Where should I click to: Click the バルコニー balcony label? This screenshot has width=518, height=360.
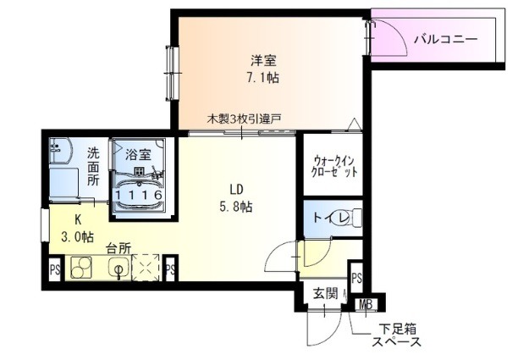[x=446, y=40]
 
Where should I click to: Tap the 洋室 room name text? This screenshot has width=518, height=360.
[x=262, y=60]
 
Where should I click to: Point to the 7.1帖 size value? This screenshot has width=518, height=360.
[x=262, y=78]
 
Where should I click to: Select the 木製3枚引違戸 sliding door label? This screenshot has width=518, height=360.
[x=244, y=119]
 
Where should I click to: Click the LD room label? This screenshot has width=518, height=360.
[x=236, y=190]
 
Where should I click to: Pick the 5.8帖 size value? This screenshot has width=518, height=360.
[x=236, y=207]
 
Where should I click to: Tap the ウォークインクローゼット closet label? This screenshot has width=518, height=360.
[x=334, y=167]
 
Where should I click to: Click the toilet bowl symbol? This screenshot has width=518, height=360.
[x=350, y=218]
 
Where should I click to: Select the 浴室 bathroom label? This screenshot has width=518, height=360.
[x=138, y=154]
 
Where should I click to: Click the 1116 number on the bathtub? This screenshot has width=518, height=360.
[x=138, y=195]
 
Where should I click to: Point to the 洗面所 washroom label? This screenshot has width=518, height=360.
[x=93, y=166]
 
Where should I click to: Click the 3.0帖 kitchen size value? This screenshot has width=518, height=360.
[x=77, y=236]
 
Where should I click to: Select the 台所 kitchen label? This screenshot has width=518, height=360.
[x=118, y=248]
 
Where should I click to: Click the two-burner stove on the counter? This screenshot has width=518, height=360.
[x=81, y=267]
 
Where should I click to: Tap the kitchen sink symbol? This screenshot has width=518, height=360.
[x=118, y=267]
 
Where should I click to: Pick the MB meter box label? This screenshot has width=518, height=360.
[x=366, y=304]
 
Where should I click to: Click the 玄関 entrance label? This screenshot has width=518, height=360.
[x=325, y=293]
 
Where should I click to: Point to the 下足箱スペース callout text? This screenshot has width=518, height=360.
[x=397, y=335]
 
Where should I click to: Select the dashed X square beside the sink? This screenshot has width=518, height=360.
[x=146, y=268]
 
